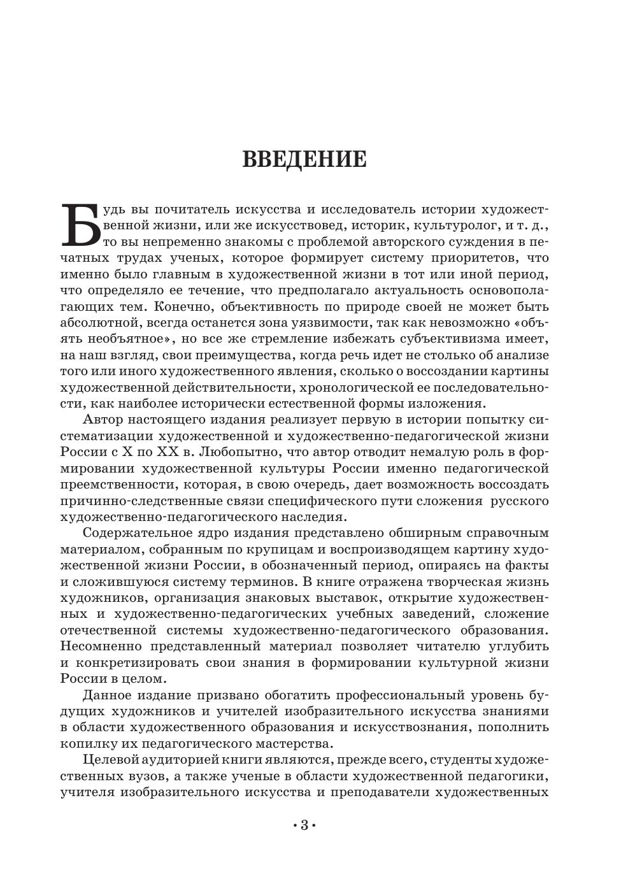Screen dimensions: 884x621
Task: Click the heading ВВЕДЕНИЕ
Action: (304, 159)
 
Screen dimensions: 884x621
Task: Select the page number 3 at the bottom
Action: (304, 825)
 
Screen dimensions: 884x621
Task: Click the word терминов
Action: (267, 581)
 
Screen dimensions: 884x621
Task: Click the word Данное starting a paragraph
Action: (106, 695)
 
